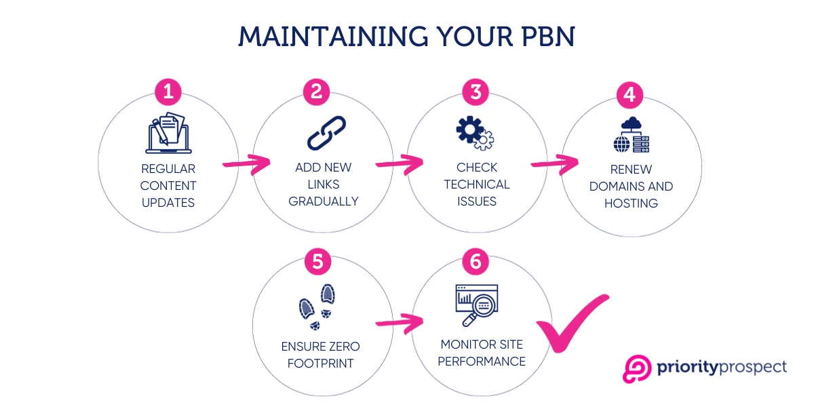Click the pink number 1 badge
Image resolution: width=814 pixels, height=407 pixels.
pos(168,91)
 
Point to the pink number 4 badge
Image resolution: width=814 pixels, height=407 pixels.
pos(629,95)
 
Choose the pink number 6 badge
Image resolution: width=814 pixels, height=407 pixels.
pos(476,261)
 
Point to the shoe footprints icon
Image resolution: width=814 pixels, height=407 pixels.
pos(318,303)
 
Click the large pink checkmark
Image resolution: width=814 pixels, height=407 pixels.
pos(572,324)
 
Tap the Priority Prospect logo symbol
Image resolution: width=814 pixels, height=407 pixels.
pos(637,368)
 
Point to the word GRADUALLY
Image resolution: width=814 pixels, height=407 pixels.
pos(324,201)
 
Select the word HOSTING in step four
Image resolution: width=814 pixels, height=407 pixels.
pos(631,203)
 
